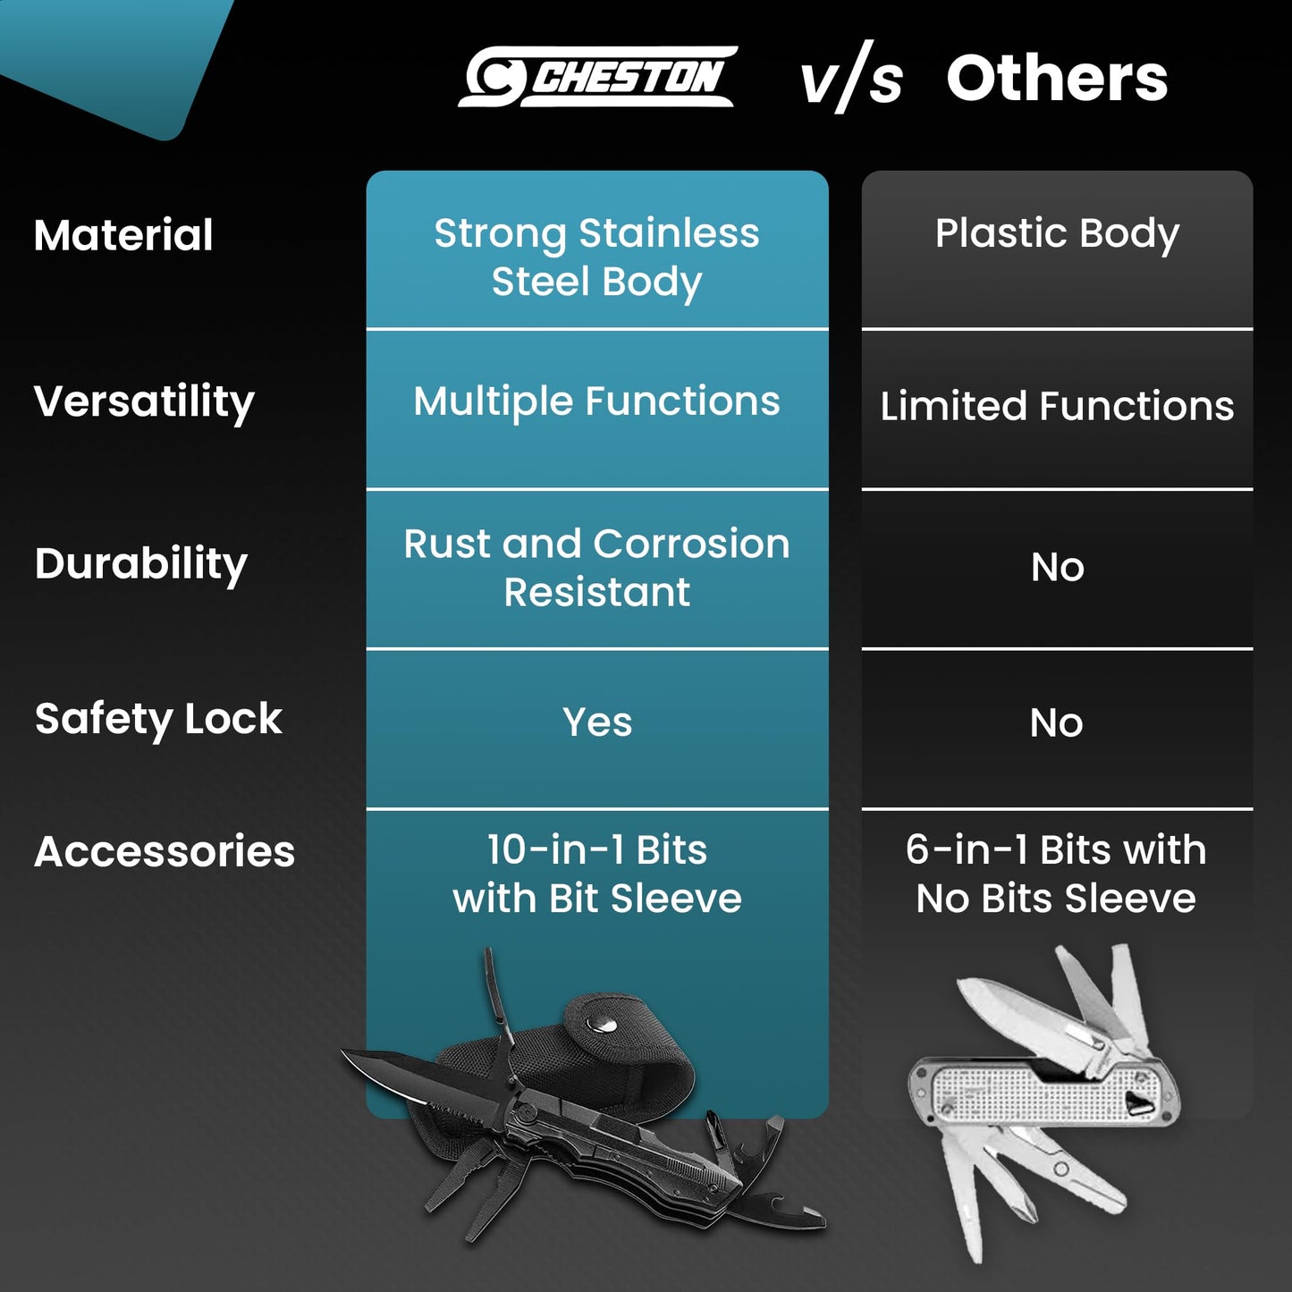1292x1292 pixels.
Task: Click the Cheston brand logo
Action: click(597, 76)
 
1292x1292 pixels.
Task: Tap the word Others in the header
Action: click(1058, 79)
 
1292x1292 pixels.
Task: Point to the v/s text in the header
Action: click(852, 77)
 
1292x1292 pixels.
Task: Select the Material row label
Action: click(123, 235)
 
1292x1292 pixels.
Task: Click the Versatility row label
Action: click(144, 402)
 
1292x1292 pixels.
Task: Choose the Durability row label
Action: click(140, 564)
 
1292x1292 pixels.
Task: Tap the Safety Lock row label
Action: click(158, 721)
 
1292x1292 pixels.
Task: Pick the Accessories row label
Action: click(165, 851)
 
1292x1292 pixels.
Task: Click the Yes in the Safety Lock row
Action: click(597, 722)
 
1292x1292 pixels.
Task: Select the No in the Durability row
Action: click(1058, 567)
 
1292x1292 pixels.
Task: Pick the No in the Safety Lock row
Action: click(1057, 722)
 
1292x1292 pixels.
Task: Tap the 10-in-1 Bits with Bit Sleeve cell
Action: click(596, 874)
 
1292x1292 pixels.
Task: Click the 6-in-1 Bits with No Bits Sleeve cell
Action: click(1057, 874)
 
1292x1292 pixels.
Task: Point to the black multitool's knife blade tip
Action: click(342, 1050)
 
